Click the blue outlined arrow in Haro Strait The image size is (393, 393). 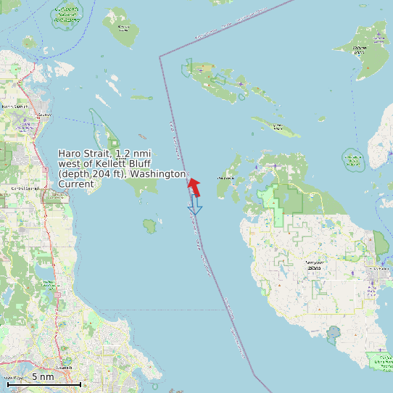[194, 206]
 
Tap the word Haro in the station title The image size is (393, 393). [70, 153]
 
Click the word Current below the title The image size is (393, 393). [76, 184]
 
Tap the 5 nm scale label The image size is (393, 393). [42, 377]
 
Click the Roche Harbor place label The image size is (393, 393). [226, 177]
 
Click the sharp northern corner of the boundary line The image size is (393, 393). [160, 54]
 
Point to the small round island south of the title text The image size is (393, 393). [150, 226]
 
